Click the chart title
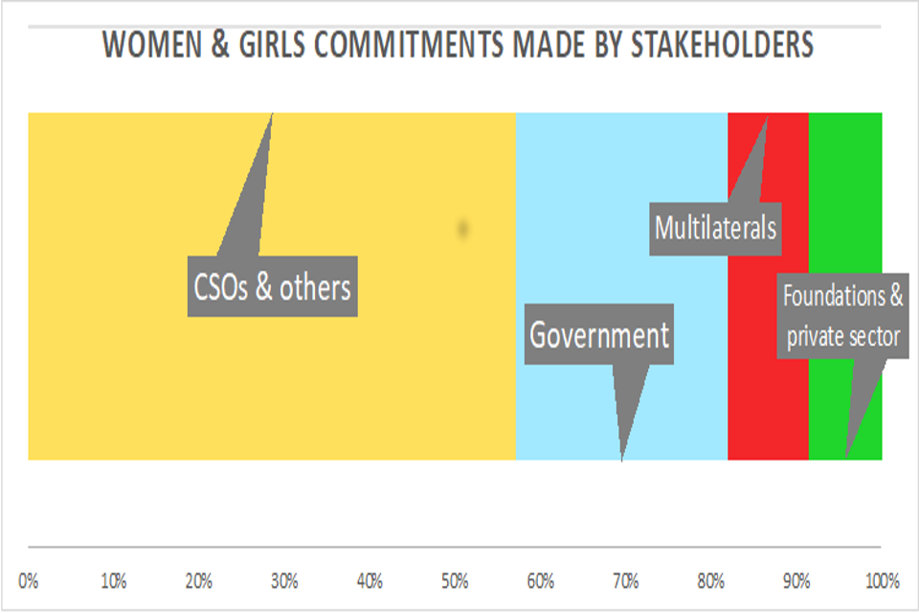[x=459, y=45]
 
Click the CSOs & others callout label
[x=273, y=286]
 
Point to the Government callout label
[x=599, y=335]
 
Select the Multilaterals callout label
[x=715, y=228]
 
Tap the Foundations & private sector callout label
[x=842, y=316]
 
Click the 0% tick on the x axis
[x=29, y=580]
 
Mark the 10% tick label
[x=114, y=580]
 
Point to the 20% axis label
[x=199, y=580]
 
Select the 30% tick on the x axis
[x=284, y=580]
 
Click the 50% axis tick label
[x=455, y=580]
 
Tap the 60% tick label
[x=540, y=580]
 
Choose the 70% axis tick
[x=625, y=580]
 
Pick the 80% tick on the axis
[x=710, y=580]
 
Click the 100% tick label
[x=882, y=580]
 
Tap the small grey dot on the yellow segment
[x=463, y=228]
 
